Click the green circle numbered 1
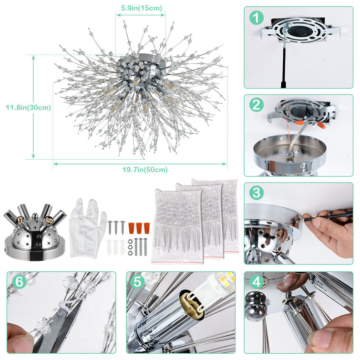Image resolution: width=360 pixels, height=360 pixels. click(257, 18)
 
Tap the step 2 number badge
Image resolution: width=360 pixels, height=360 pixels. click(257, 105)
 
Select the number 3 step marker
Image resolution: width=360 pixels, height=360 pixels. click(257, 193)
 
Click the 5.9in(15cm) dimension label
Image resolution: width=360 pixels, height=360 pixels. click(141, 8)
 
